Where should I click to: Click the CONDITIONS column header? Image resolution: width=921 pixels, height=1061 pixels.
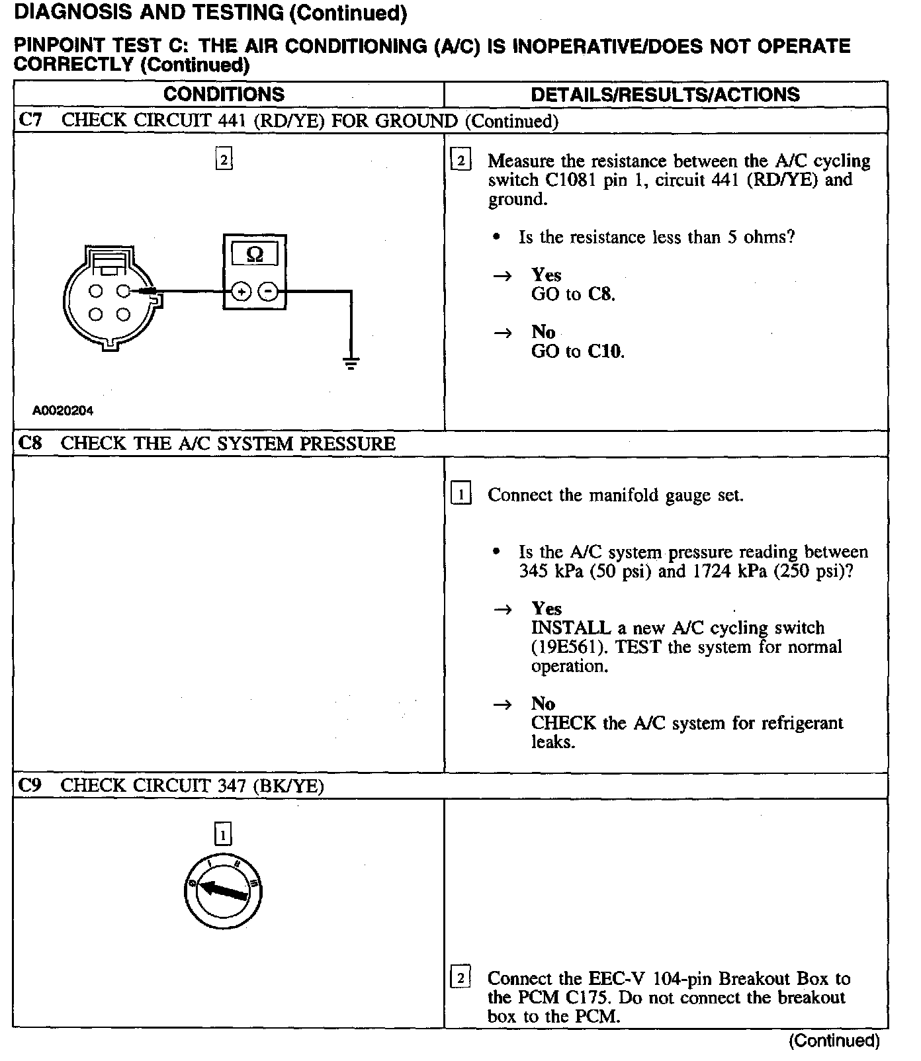pyautogui.click(x=224, y=95)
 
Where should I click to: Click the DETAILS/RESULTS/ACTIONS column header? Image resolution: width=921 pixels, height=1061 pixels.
pyautogui.click(x=665, y=95)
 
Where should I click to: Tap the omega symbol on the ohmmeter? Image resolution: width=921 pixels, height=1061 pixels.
pyautogui.click(x=254, y=255)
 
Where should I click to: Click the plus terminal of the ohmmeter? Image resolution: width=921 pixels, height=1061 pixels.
pyautogui.click(x=241, y=291)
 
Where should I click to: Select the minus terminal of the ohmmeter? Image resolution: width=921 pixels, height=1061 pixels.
pyautogui.click(x=268, y=291)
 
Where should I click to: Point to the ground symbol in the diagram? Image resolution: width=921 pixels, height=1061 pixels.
pyautogui.click(x=351, y=362)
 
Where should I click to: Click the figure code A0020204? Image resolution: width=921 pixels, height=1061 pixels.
pyautogui.click(x=63, y=411)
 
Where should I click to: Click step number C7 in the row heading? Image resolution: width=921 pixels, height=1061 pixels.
pyautogui.click(x=30, y=120)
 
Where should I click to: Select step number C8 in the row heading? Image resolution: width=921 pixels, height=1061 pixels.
pyautogui.click(x=30, y=443)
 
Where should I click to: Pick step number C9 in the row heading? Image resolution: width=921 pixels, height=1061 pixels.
pyautogui.click(x=30, y=785)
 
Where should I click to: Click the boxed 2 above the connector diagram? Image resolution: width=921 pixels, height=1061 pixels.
pyautogui.click(x=224, y=159)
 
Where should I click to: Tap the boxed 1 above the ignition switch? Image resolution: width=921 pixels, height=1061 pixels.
pyautogui.click(x=223, y=835)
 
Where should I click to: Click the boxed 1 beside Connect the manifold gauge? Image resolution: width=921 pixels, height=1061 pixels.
pyautogui.click(x=460, y=494)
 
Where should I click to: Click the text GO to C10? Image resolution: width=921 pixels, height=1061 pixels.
pyautogui.click(x=578, y=351)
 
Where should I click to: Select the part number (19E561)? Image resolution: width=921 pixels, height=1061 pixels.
pyautogui.click(x=569, y=647)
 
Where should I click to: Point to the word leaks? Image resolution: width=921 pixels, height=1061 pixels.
pyautogui.click(x=553, y=742)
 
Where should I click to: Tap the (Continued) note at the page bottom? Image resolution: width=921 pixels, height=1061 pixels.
pyautogui.click(x=834, y=1040)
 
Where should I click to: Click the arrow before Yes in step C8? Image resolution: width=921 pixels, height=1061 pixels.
pyautogui.click(x=503, y=609)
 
